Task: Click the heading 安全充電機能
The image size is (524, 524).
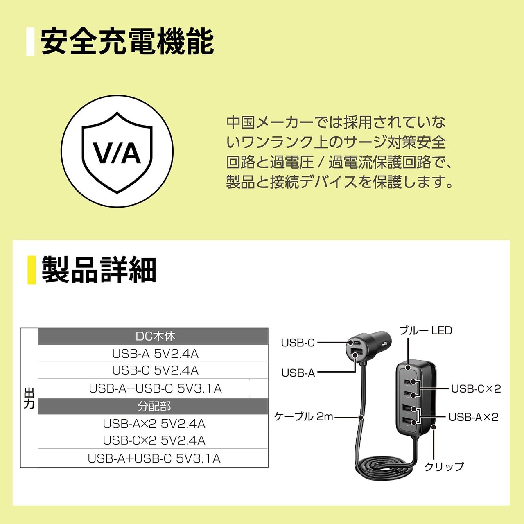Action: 127,41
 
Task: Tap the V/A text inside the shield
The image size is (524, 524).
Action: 117,153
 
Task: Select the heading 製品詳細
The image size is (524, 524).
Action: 99,270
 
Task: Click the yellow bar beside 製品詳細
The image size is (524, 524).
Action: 32,270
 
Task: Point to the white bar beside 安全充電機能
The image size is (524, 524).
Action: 30,41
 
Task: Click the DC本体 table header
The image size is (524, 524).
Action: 153,337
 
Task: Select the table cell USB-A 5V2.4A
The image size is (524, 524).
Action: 155,354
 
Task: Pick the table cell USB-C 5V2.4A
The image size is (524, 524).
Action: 155,370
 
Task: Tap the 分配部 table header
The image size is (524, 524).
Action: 153,406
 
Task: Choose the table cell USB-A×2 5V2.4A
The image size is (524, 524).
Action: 154,424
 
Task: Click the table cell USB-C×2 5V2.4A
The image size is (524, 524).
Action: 154,440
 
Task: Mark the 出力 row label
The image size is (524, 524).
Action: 29,398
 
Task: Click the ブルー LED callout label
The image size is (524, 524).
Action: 425,330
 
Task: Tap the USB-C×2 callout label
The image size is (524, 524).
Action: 476,388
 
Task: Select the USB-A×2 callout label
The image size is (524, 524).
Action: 474,417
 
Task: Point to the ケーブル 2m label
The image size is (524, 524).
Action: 303,417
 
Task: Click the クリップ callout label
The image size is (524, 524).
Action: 444,466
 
